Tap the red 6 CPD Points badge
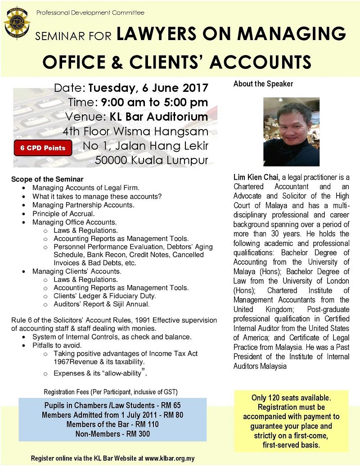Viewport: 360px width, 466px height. tap(43, 148)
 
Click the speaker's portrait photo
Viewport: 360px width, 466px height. tap(291, 132)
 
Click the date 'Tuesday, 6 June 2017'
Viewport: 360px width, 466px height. tap(148, 88)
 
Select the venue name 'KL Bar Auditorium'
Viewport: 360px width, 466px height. tap(159, 117)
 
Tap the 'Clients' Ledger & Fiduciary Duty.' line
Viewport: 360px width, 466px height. tap(105, 296)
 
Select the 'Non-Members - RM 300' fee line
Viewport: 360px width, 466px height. tap(112, 434)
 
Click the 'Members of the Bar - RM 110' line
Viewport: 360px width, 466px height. tap(112, 424)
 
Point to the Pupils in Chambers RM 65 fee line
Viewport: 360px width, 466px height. tap(112, 405)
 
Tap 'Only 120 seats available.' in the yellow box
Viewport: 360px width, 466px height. tap(291, 398)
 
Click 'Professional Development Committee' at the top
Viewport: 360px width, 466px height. tap(90, 13)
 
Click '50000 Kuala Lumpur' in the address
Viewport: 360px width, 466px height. tap(152, 160)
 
